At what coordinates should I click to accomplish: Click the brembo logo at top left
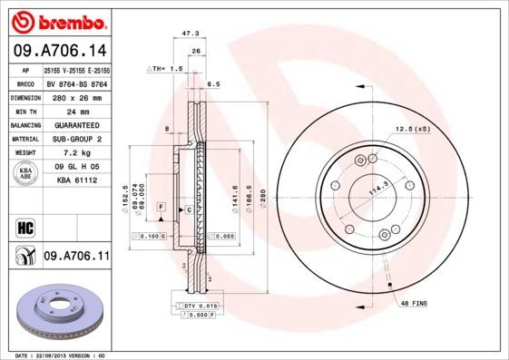click(x=56, y=20)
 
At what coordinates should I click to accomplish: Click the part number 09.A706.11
click(x=75, y=258)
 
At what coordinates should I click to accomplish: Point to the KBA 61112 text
click(x=75, y=181)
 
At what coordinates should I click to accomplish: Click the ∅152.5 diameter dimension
click(x=124, y=193)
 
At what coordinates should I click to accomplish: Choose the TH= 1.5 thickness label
click(x=165, y=68)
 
